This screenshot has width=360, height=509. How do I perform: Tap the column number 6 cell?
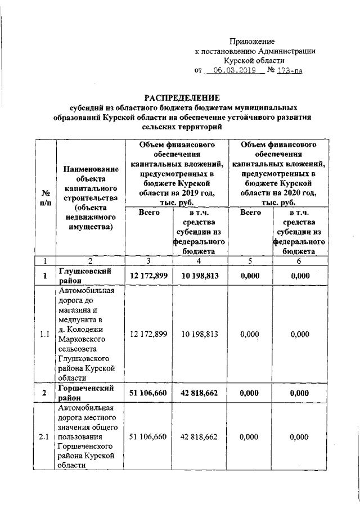299,260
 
